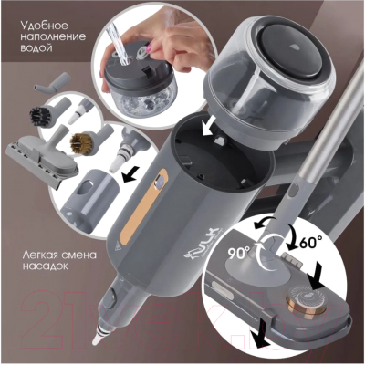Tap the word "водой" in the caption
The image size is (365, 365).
pos(36,48)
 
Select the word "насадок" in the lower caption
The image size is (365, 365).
pos(45,266)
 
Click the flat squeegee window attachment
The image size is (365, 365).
pos(43,158)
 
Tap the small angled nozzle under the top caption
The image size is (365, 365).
pos(52,82)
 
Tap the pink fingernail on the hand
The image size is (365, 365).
pos(149,47)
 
